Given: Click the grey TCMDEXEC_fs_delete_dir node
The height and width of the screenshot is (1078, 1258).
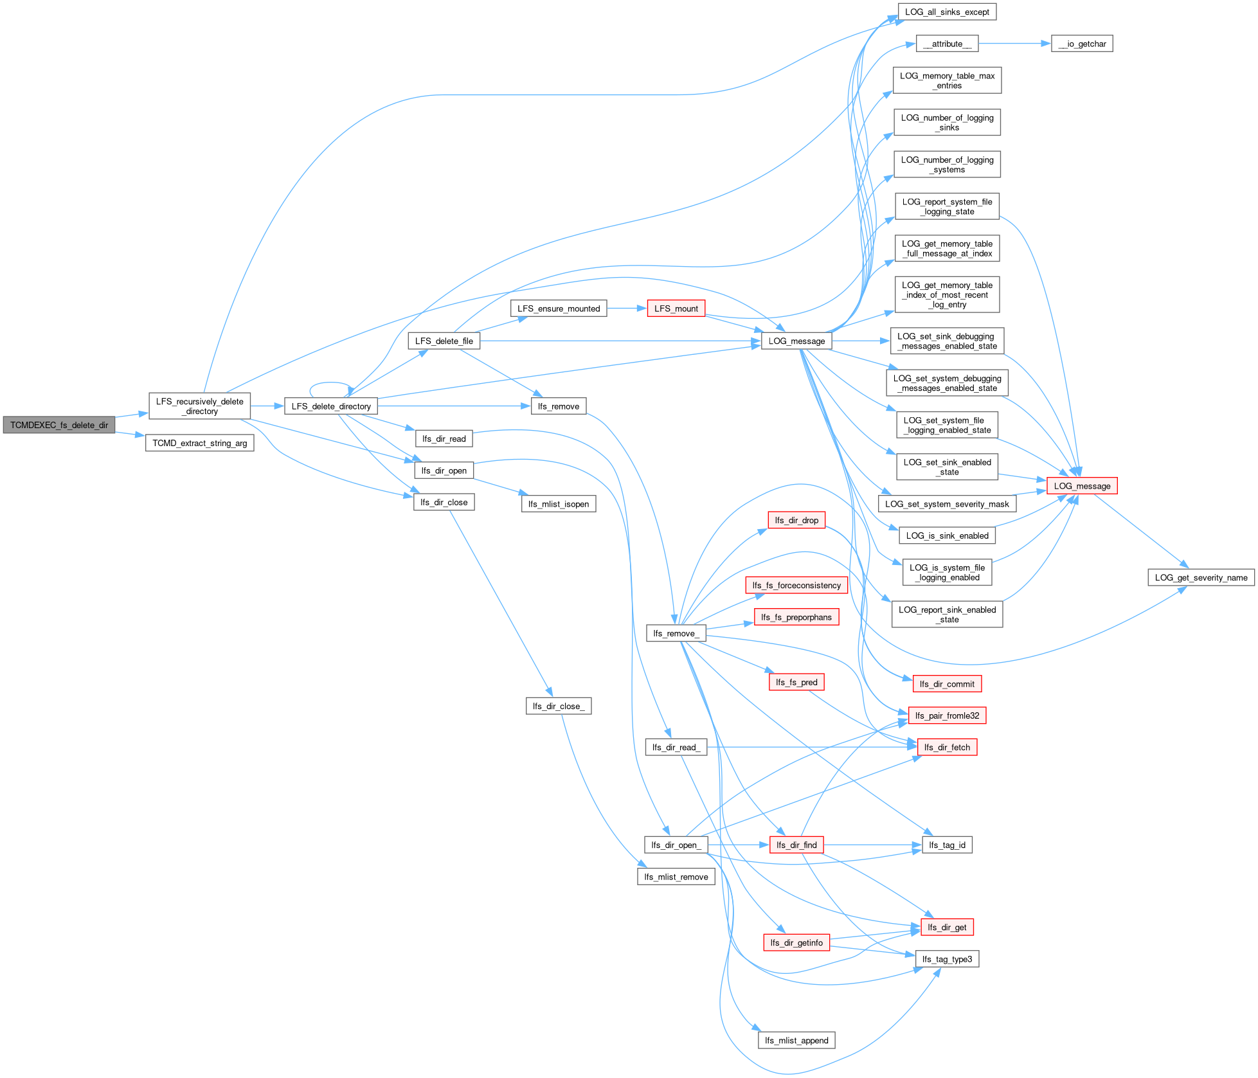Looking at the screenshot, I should (59, 425).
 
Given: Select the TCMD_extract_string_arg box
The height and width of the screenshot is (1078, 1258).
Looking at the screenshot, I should (199, 443).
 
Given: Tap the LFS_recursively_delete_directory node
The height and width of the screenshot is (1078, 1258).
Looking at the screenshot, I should (199, 406).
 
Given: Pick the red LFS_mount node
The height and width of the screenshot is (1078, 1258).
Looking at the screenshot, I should (676, 309).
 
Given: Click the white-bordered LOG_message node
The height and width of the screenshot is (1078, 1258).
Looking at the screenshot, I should (796, 341).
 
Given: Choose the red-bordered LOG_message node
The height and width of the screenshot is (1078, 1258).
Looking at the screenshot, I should (1082, 486).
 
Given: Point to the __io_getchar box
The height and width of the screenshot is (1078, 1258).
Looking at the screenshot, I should (1082, 44).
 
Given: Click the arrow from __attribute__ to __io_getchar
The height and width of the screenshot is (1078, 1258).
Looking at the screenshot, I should (1014, 44).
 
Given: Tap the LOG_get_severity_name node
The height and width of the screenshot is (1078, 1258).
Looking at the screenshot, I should (1201, 577).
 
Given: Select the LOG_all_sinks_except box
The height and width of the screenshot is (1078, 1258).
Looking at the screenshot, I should (947, 12).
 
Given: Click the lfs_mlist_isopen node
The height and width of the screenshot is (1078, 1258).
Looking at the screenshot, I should (559, 504).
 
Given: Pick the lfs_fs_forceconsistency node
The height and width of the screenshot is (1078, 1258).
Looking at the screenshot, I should (796, 585).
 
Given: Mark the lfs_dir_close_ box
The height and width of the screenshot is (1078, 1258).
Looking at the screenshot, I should (559, 706).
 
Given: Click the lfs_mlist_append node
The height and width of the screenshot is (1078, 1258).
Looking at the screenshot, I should (796, 1040).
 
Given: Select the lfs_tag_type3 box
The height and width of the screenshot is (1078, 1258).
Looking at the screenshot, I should (947, 959).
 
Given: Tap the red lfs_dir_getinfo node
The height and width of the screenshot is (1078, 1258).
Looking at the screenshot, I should (796, 942).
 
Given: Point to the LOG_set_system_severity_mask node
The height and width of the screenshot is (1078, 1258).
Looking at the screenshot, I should (947, 504).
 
